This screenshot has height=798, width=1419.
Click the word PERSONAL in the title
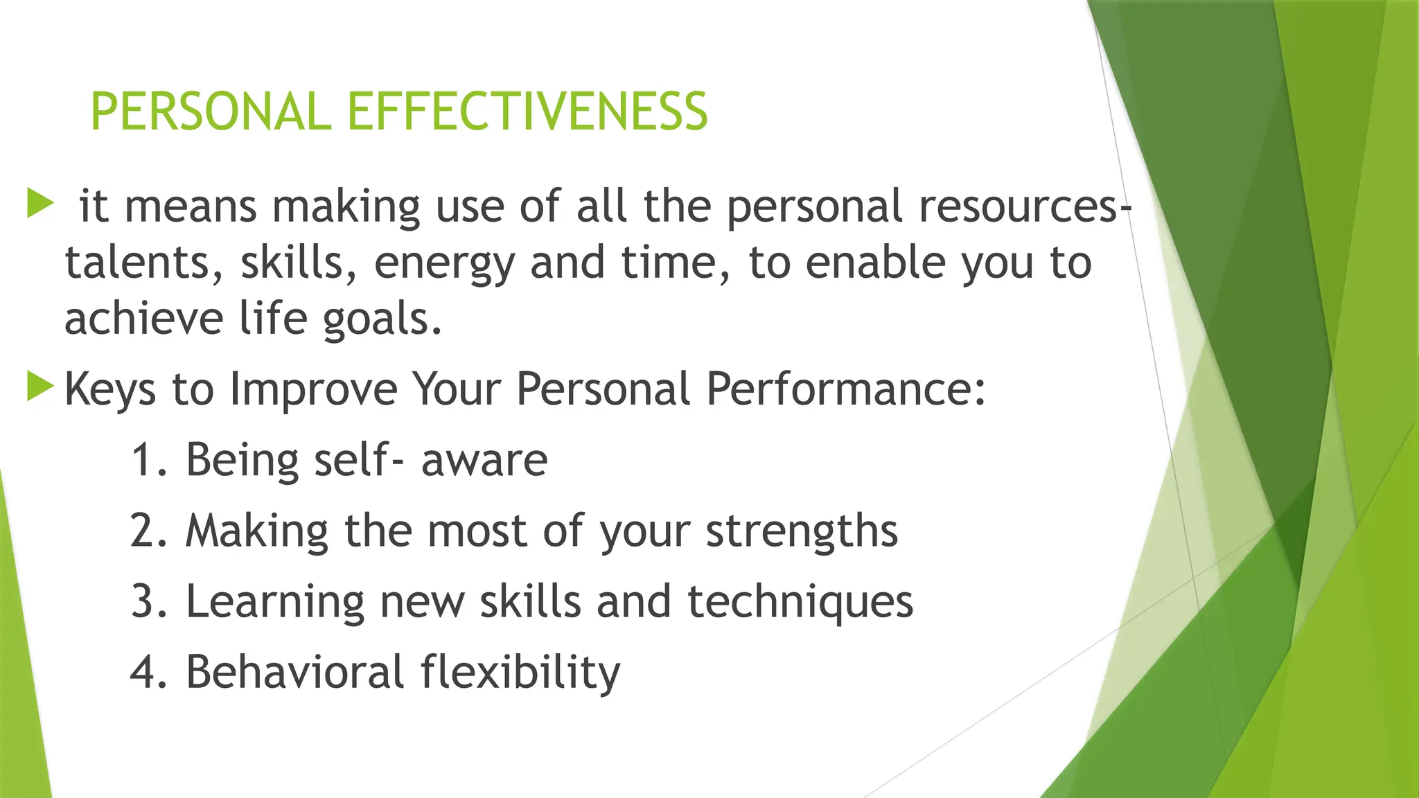click(211, 112)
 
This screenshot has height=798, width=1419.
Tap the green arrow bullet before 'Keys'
click(40, 387)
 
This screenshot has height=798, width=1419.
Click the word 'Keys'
click(109, 390)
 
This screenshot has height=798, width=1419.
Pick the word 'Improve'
click(313, 390)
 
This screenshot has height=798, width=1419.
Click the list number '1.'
click(148, 461)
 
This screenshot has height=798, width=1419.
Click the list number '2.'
click(148, 532)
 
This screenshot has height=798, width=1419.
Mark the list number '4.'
click(148, 673)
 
